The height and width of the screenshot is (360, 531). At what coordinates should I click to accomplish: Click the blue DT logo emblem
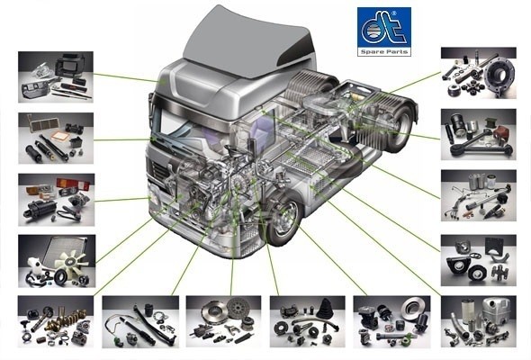coord(384,28)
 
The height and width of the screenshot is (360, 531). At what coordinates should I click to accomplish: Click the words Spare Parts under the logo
coord(384,52)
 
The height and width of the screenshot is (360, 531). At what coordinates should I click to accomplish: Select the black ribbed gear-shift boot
coord(326,308)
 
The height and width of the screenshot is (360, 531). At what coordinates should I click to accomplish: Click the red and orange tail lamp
coord(74,184)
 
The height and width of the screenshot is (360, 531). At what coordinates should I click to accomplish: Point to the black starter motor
coord(40,207)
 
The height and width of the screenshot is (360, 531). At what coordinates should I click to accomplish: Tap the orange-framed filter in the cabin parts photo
coord(60,137)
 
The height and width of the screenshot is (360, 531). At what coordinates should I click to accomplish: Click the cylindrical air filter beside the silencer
coord(468,312)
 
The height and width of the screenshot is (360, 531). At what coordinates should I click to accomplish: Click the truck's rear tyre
coord(402,125)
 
